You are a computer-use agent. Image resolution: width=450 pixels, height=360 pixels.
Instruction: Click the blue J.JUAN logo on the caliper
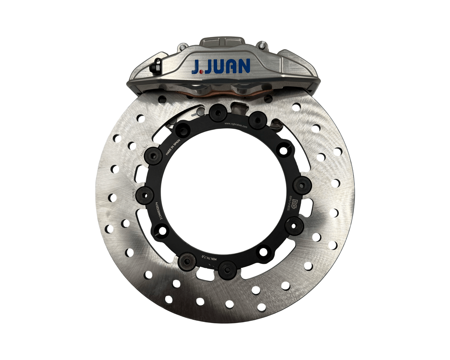[221, 66]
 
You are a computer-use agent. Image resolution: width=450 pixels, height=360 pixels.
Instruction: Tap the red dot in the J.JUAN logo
[200, 71]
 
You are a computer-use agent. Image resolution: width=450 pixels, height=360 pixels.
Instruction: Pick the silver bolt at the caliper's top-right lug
[262, 45]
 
